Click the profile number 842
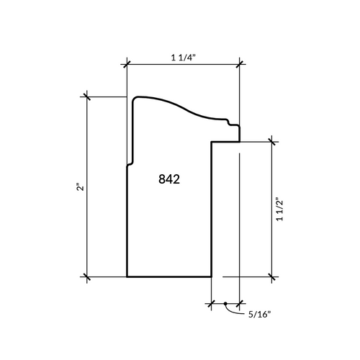pyautogui.click(x=169, y=179)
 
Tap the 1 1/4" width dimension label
pyautogui.click(x=184, y=58)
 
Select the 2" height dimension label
pyautogui.click(x=81, y=187)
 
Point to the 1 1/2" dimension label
pyautogui.click(x=280, y=210)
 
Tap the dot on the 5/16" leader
pyautogui.click(x=225, y=304)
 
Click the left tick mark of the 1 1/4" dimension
pyautogui.click(x=127, y=64)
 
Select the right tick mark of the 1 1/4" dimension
pyautogui.click(x=239, y=64)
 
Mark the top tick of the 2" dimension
pyautogui.click(x=87, y=96)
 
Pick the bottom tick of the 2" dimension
pyautogui.click(x=87, y=276)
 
